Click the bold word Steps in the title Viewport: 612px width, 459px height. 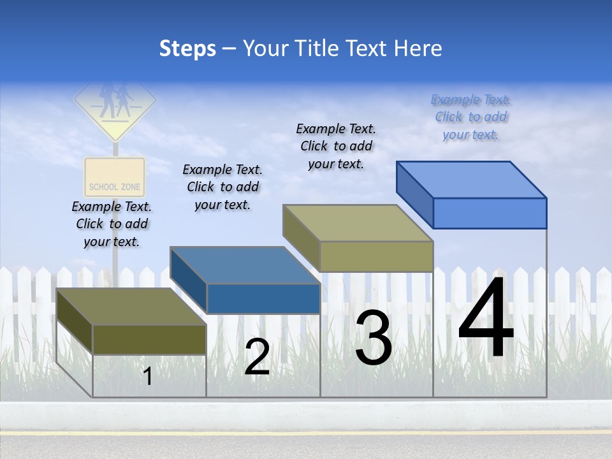pyautogui.click(x=187, y=48)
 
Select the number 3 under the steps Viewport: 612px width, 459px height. pyautogui.click(x=374, y=338)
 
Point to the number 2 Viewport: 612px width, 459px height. pyautogui.click(x=257, y=357)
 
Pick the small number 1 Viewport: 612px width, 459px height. pyautogui.click(x=148, y=376)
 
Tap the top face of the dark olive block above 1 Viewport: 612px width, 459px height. pyautogui.click(x=131, y=307)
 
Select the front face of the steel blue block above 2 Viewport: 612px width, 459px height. pyautogui.click(x=263, y=298)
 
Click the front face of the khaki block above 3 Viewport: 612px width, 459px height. pyautogui.click(x=376, y=256)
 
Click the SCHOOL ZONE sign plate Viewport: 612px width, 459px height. pyautogui.click(x=115, y=178)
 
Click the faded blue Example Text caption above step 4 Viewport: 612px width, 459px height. pyautogui.click(x=470, y=117)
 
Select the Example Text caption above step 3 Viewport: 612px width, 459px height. pyautogui.click(x=336, y=146)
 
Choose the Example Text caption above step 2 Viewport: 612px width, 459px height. pyautogui.click(x=222, y=187)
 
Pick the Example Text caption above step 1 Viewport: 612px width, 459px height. pyautogui.click(x=112, y=224)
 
